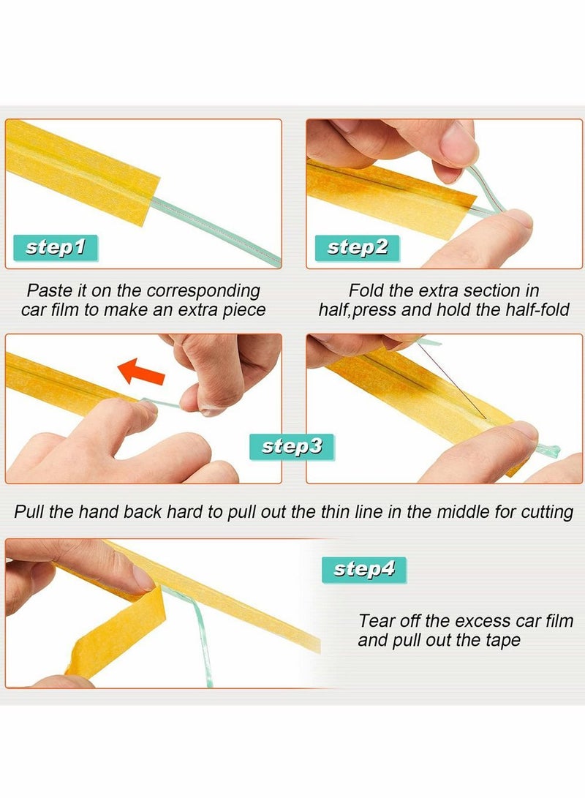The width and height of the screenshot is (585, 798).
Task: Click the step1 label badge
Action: (55, 248)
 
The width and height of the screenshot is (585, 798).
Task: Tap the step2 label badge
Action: (357, 248)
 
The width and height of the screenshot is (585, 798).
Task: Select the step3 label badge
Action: (292, 447)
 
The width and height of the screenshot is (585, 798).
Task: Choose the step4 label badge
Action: (364, 570)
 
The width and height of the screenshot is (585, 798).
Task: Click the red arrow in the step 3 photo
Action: (141, 372)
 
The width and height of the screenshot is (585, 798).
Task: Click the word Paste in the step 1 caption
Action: (49, 290)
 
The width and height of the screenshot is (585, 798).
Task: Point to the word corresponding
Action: (203, 292)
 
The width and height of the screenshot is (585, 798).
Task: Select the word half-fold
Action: (537, 310)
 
